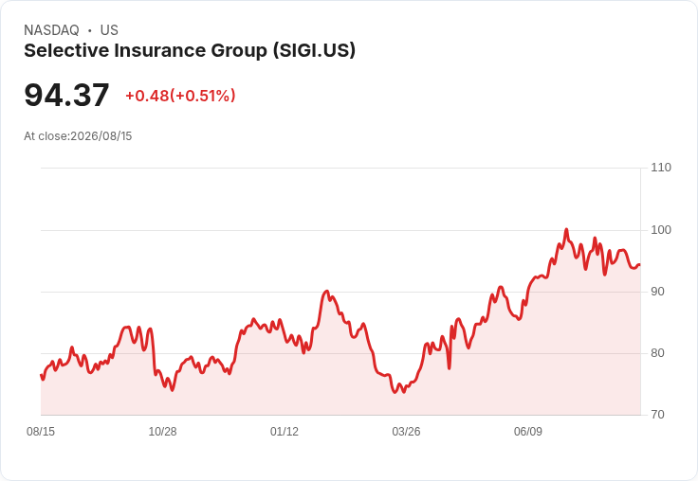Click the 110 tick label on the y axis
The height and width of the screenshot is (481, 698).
click(661, 168)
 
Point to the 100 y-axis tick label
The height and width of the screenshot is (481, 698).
click(661, 230)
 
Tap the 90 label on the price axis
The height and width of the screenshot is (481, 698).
click(657, 292)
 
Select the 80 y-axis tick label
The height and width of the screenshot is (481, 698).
click(657, 353)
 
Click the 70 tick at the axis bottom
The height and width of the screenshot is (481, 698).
click(657, 415)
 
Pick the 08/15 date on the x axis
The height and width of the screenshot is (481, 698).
click(41, 431)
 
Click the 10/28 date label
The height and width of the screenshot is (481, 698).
click(162, 431)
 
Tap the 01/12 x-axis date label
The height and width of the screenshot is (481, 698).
click(284, 431)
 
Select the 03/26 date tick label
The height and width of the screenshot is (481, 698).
click(406, 431)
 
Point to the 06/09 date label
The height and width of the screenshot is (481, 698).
click(528, 431)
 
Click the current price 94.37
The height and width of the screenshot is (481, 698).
click(66, 95)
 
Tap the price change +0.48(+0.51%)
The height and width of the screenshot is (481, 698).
click(180, 96)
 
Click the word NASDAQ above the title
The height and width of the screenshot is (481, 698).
click(51, 30)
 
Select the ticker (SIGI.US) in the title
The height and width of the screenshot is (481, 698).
click(314, 50)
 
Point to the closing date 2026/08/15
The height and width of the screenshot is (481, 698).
click(101, 136)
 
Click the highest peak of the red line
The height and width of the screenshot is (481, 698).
click(566, 229)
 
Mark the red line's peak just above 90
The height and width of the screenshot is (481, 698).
click(327, 292)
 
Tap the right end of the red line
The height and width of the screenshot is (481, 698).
click(640, 265)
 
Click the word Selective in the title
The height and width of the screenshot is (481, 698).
click(66, 50)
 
